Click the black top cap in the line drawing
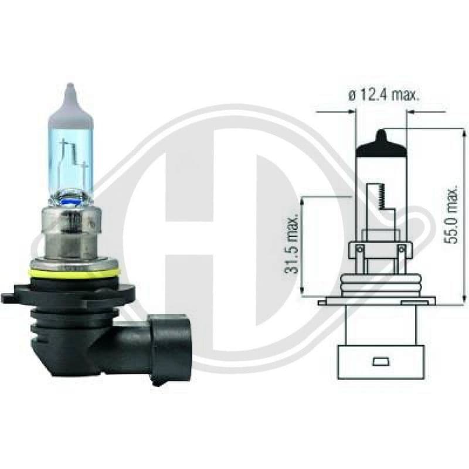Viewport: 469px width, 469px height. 381,144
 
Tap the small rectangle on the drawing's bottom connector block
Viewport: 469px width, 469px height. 381,358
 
